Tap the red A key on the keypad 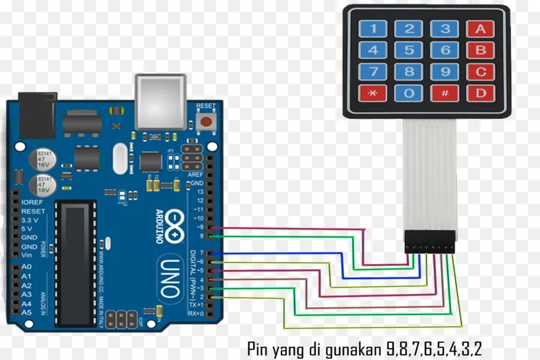[x=481, y=28]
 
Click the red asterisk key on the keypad [x=373, y=93]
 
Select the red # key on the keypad [x=445, y=93]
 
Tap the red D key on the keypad [x=481, y=93]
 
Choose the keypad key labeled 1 [x=373, y=28]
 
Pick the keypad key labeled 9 [x=445, y=71]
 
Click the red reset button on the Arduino [x=206, y=122]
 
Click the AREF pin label [x=196, y=174]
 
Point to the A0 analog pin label [x=26, y=266]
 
